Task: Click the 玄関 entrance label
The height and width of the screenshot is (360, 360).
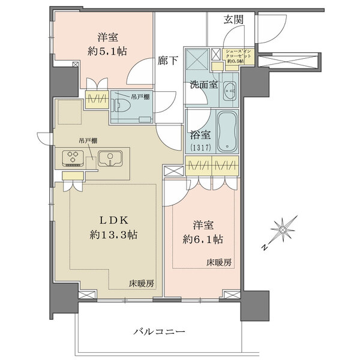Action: coord(234,20)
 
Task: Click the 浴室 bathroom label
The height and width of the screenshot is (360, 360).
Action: coord(197,137)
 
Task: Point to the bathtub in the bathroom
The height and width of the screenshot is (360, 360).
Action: coord(227,131)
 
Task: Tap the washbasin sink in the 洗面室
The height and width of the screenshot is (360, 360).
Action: coord(229,92)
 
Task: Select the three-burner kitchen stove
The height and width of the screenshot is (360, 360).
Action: coord(74,159)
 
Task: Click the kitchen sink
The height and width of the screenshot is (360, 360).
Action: coord(110,160)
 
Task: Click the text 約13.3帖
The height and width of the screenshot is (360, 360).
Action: coord(112,235)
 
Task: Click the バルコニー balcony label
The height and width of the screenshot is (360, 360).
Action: coord(159,332)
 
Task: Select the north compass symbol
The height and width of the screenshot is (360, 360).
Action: coord(280,229)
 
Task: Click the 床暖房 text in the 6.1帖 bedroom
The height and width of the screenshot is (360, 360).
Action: coord(221,263)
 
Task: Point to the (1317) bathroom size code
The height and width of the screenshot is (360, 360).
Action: coord(197,148)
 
